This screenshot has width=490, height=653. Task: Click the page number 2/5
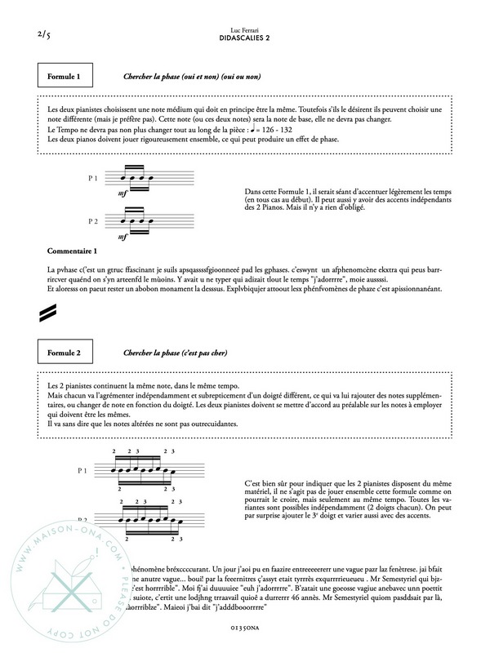[44, 35]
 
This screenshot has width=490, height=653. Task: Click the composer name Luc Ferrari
[245, 29]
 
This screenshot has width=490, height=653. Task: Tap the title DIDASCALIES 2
[245, 38]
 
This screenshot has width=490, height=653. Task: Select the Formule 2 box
[67, 353]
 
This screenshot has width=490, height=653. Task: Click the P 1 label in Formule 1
[92, 179]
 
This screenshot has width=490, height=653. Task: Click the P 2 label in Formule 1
[92, 220]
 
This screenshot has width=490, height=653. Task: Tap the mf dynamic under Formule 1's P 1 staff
[123, 194]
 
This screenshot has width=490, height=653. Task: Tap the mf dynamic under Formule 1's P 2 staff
[123, 237]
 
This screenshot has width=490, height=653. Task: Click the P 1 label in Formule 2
[92, 471]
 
